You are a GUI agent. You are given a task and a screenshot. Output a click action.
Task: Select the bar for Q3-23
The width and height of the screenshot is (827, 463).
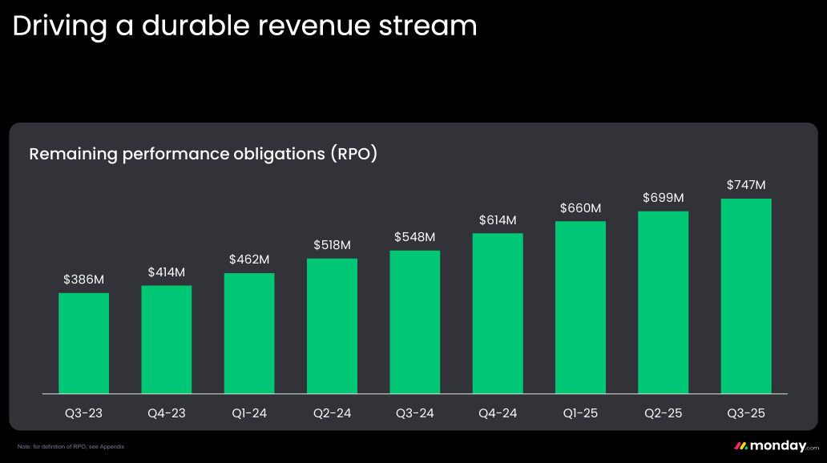tap(83, 343)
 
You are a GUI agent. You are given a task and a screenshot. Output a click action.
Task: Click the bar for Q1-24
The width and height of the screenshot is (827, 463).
tap(249, 333)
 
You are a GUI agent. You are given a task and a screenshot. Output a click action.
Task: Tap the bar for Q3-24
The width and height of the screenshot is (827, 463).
tap(415, 322)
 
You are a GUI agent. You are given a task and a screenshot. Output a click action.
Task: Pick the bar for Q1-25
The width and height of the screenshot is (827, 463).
tap(580, 307)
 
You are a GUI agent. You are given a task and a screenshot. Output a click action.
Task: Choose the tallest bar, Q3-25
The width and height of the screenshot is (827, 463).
tap(746, 296)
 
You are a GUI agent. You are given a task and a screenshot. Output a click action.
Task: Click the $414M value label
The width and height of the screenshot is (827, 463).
tap(167, 272)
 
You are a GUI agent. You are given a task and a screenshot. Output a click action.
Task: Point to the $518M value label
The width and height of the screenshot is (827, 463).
tap(332, 245)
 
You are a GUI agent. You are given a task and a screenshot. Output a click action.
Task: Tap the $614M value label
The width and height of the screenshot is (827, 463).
tap(498, 219)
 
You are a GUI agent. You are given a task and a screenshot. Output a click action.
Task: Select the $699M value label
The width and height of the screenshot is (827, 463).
tap(664, 197)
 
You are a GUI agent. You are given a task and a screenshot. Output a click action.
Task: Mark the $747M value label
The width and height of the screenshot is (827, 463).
tap(746, 184)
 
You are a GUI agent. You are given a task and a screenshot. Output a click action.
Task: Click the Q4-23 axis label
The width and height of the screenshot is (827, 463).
tap(167, 413)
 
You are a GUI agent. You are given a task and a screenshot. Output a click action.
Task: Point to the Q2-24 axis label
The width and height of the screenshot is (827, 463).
tap(332, 413)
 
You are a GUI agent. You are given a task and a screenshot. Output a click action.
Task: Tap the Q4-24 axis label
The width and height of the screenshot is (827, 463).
tap(498, 413)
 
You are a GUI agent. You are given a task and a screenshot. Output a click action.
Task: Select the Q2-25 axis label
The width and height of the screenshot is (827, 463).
tap(664, 413)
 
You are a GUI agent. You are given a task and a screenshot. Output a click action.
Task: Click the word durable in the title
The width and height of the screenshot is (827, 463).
tap(193, 26)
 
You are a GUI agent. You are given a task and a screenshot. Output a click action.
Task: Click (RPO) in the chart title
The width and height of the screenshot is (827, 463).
tap(353, 153)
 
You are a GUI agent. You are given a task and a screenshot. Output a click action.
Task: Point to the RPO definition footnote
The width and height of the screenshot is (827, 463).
tap(71, 446)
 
